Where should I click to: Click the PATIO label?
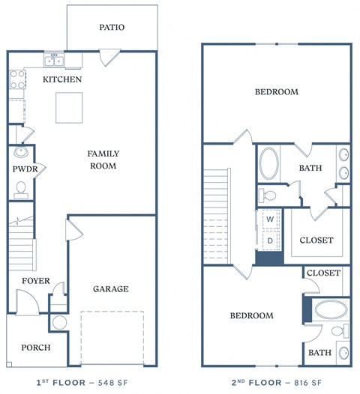pyautogui.click(x=112, y=28)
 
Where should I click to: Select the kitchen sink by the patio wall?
pyautogui.click(x=55, y=61)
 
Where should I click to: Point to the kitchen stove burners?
pyautogui.click(x=16, y=80)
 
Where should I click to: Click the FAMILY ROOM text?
pyautogui.click(x=103, y=160)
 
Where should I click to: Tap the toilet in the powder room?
pyautogui.click(x=20, y=190)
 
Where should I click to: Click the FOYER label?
pyautogui.click(x=35, y=281)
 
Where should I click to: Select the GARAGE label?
pyautogui.click(x=110, y=288)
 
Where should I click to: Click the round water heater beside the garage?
pyautogui.click(x=59, y=324)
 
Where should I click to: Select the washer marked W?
pyautogui.click(x=269, y=219)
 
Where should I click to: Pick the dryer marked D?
pyautogui.click(x=269, y=241)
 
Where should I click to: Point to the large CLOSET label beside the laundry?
pyautogui.click(x=316, y=240)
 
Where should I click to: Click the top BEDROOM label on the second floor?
pyautogui.click(x=276, y=92)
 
